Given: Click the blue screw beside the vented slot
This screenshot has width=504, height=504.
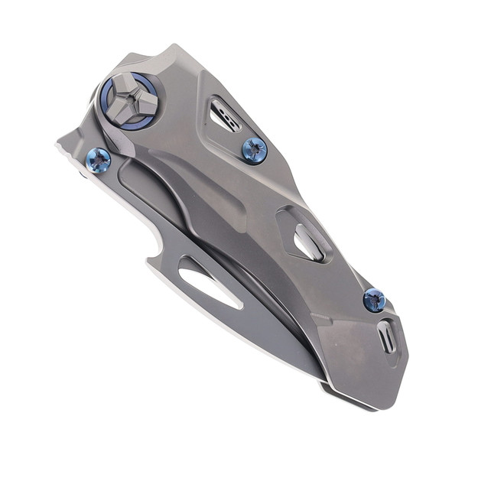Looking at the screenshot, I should click(x=254, y=149).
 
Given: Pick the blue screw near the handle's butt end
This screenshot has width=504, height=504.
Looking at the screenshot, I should click(x=374, y=301).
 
